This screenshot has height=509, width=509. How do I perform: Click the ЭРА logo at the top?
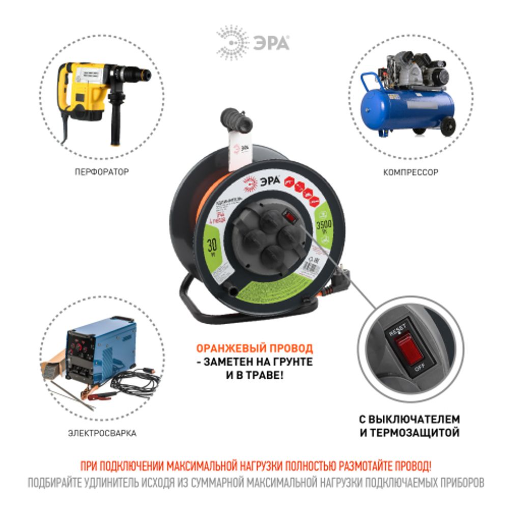253,42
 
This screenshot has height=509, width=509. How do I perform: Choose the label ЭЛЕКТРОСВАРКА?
102,434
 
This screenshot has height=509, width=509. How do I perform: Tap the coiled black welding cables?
135,385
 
